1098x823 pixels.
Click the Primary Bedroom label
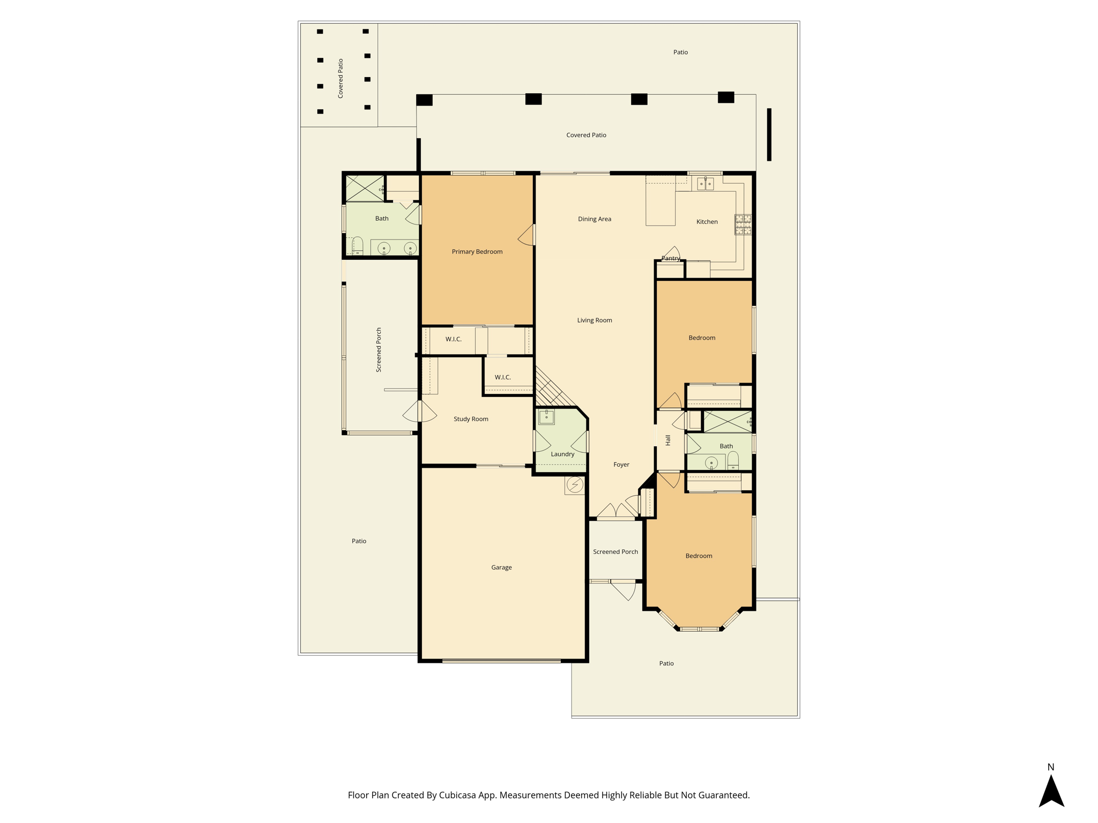click(477, 251)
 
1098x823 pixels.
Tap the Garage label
click(501, 567)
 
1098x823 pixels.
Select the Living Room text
click(595, 320)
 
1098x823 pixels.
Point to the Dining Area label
click(595, 219)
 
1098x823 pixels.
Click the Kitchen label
click(707, 222)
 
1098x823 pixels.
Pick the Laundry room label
click(562, 454)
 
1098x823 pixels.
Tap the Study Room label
click(471, 419)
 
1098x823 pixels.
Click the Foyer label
click(621, 465)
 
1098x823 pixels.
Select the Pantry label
click(671, 258)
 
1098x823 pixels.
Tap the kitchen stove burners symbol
click(743, 225)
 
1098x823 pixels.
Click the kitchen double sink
click(705, 184)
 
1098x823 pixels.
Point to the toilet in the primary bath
click(358, 246)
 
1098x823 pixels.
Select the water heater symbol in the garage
click(575, 485)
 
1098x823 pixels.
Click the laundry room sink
click(546, 416)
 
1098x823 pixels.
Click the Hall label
click(668, 440)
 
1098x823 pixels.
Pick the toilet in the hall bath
click(733, 460)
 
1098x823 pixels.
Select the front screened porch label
click(615, 552)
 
